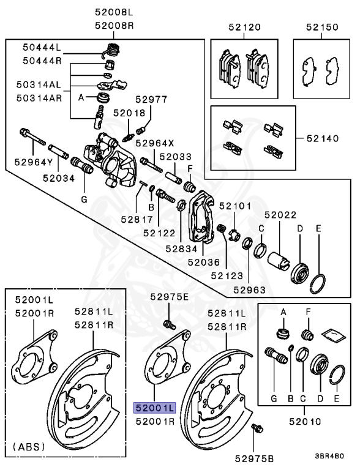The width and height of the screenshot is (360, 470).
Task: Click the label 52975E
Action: pyautogui.click(x=170, y=297)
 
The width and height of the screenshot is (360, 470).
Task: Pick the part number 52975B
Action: pyautogui.click(x=257, y=458)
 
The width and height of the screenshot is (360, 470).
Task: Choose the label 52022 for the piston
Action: pyautogui.click(x=280, y=215)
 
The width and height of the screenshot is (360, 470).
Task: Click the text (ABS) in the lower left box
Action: pyautogui.click(x=28, y=447)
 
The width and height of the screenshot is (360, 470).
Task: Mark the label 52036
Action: pyautogui.click(x=203, y=262)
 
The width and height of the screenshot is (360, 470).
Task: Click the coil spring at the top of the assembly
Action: pyautogui.click(x=112, y=50)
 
